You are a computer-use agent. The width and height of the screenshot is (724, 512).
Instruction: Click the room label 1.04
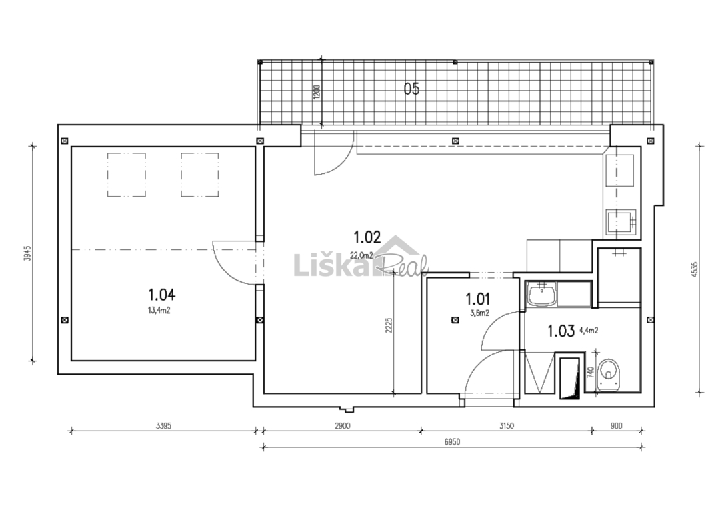[x=161, y=294]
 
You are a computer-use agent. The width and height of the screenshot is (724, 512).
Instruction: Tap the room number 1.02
[x=367, y=237]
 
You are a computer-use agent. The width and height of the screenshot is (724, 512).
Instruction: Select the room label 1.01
[x=478, y=299]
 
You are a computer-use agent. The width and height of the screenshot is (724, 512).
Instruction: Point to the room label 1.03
[x=561, y=331]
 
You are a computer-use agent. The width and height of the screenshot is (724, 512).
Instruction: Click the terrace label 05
[x=412, y=89]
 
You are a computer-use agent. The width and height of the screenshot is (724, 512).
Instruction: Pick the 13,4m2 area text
[x=159, y=310]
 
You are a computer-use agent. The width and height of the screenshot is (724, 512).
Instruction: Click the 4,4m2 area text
[x=589, y=331]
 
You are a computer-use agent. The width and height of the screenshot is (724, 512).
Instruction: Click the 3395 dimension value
[x=163, y=425]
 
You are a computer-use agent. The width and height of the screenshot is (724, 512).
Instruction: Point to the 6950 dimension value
[x=453, y=442]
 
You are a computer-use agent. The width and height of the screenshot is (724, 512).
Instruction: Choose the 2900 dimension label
[x=343, y=425]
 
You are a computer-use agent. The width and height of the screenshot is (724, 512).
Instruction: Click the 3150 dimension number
[x=507, y=425]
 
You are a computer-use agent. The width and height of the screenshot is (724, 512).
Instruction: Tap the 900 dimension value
[x=617, y=425]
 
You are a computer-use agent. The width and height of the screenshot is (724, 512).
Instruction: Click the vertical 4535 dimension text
[x=695, y=269]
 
